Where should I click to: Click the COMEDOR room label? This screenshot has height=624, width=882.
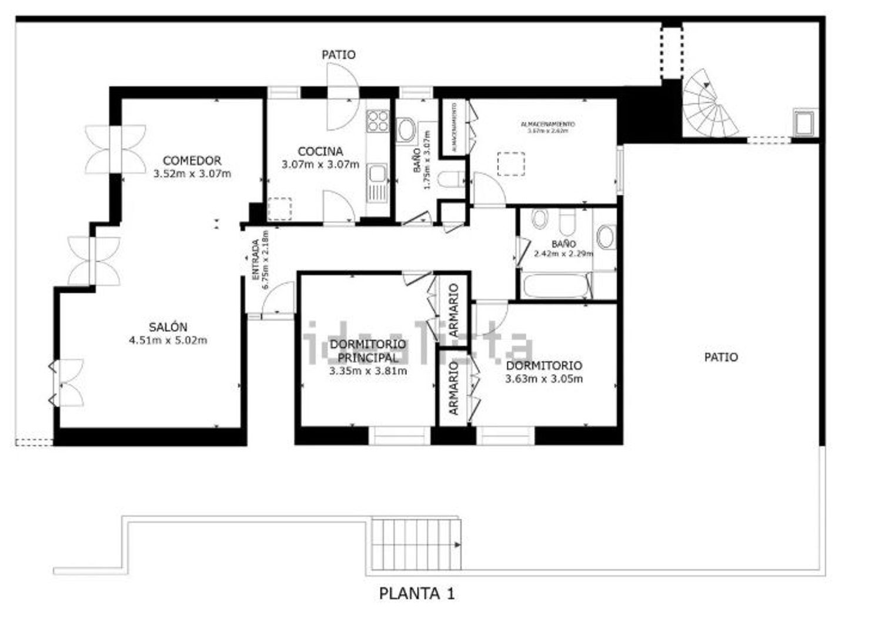point(192,161)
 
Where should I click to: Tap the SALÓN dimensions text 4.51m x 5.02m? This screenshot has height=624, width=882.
point(168,340)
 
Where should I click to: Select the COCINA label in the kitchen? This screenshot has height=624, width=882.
point(320,152)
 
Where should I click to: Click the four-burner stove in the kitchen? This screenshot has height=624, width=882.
point(378,121)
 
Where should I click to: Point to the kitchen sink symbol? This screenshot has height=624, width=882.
point(377,174)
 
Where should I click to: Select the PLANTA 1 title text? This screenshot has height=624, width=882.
point(416,593)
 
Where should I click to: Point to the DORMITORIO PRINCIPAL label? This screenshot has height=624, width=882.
point(368,351)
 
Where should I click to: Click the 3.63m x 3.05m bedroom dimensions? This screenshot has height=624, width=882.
point(544,379)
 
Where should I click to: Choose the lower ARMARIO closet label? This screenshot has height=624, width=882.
point(453,388)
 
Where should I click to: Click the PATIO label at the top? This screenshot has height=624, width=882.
point(339,55)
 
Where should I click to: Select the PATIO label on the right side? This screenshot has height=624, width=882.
point(721,357)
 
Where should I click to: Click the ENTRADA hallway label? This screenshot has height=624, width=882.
point(255,259)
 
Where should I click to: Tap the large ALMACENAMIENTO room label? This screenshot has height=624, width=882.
point(547,125)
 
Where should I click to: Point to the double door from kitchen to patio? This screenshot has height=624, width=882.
point(343,96)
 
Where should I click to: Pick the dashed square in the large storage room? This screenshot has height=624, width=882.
point(510,164)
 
